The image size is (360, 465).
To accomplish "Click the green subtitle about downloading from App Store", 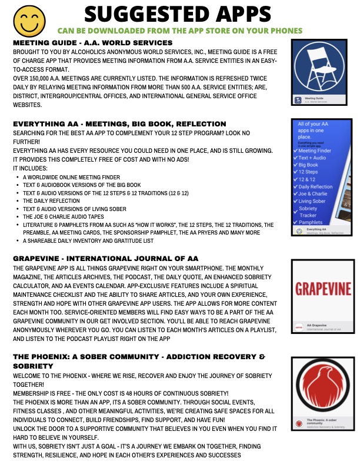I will click(x=180, y=30).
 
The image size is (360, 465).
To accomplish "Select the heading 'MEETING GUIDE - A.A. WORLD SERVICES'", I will click(x=92, y=44).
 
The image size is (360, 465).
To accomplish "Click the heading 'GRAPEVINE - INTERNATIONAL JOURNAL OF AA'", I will click(x=105, y=259).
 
